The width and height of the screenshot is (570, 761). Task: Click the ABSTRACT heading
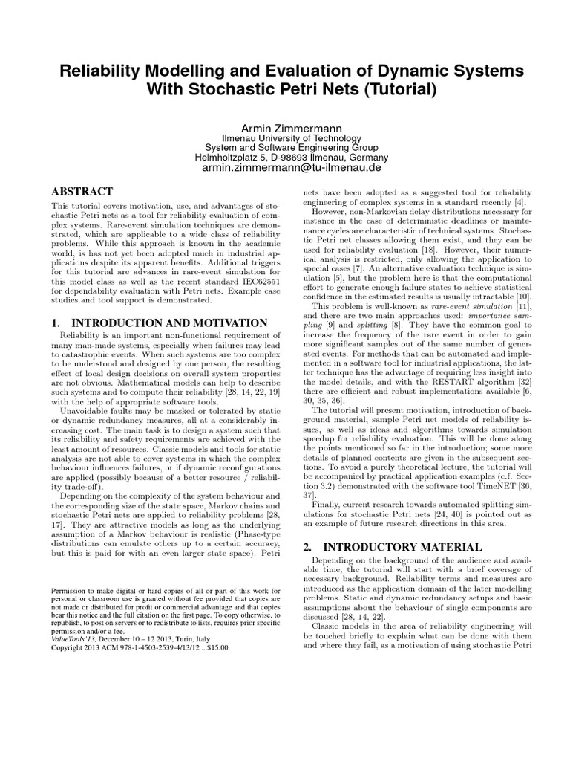click(82, 192)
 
